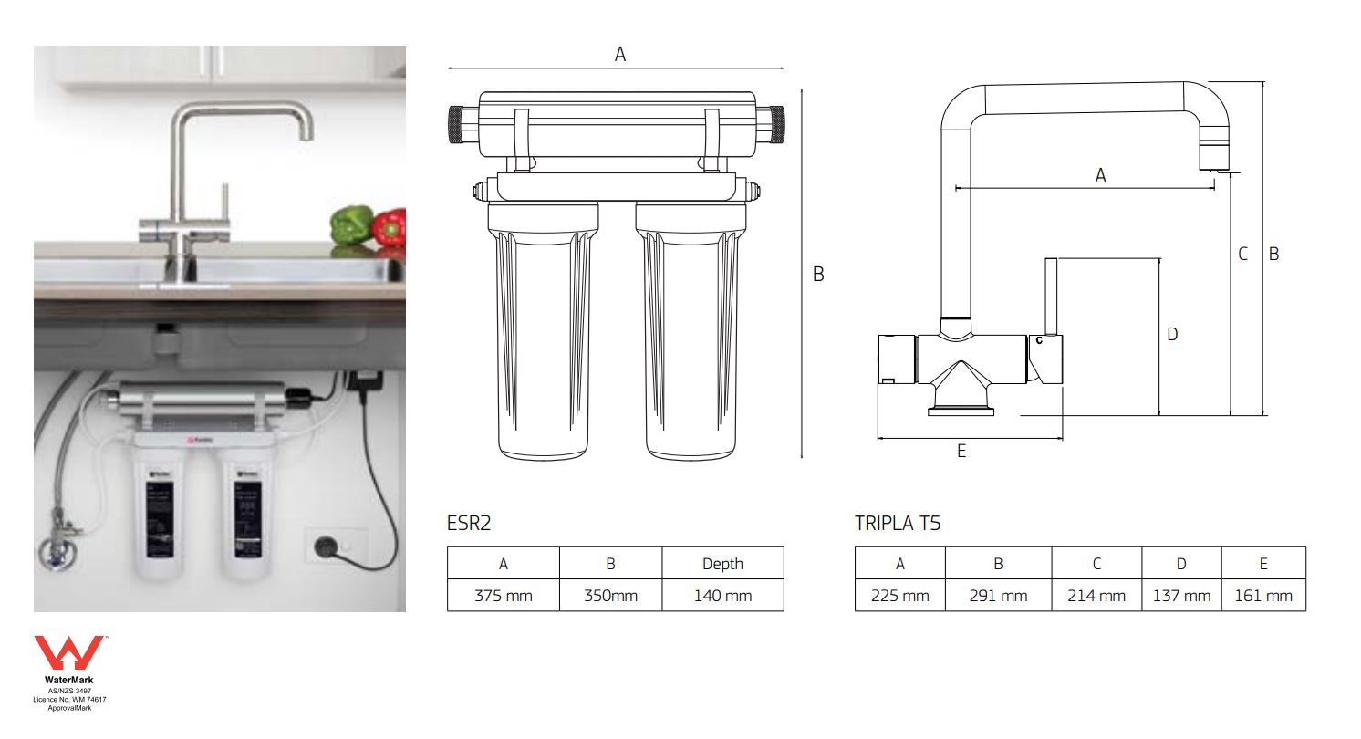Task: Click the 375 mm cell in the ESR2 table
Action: (x=503, y=596)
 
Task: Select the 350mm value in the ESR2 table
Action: (x=610, y=596)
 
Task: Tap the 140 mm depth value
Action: (x=722, y=596)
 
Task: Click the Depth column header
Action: (x=722, y=564)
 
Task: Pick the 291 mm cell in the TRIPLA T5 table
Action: (x=998, y=596)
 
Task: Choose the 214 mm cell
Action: (x=1096, y=596)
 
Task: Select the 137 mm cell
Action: (x=1181, y=596)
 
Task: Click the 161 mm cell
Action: (x=1263, y=596)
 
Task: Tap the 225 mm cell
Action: (x=899, y=596)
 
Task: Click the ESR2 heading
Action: (x=469, y=524)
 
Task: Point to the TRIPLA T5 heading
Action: (x=898, y=524)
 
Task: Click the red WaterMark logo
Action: (x=69, y=654)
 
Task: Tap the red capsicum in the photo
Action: (x=389, y=227)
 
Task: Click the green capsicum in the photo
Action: (x=351, y=224)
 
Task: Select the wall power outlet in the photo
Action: (x=323, y=546)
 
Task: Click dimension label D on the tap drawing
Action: (x=1172, y=335)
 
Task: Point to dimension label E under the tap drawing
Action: (x=961, y=451)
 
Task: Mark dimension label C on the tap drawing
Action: (x=1242, y=255)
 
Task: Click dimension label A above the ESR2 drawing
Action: (x=620, y=55)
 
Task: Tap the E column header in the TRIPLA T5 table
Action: (x=1263, y=564)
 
